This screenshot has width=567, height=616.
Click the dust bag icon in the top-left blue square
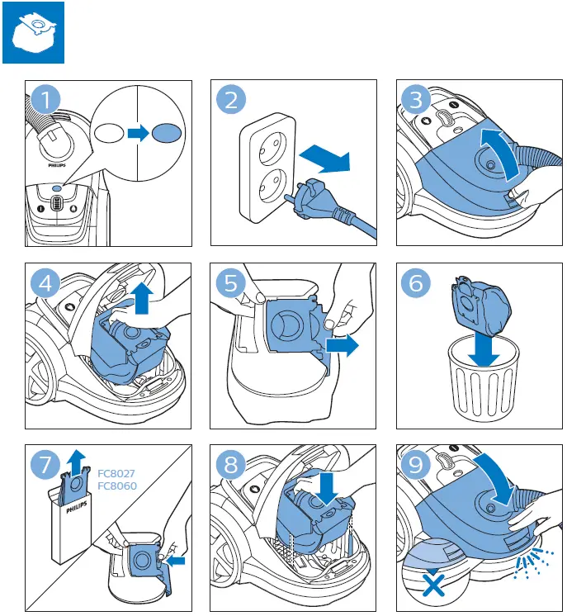[x=33, y=32]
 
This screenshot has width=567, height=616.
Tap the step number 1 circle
[x=47, y=102]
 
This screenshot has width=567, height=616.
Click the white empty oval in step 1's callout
[x=110, y=132]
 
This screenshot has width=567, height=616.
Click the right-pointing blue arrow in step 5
[x=342, y=345]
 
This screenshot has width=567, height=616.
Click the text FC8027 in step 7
[x=116, y=474]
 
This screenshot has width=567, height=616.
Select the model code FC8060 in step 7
[x=116, y=486]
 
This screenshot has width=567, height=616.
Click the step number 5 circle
[x=232, y=283]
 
